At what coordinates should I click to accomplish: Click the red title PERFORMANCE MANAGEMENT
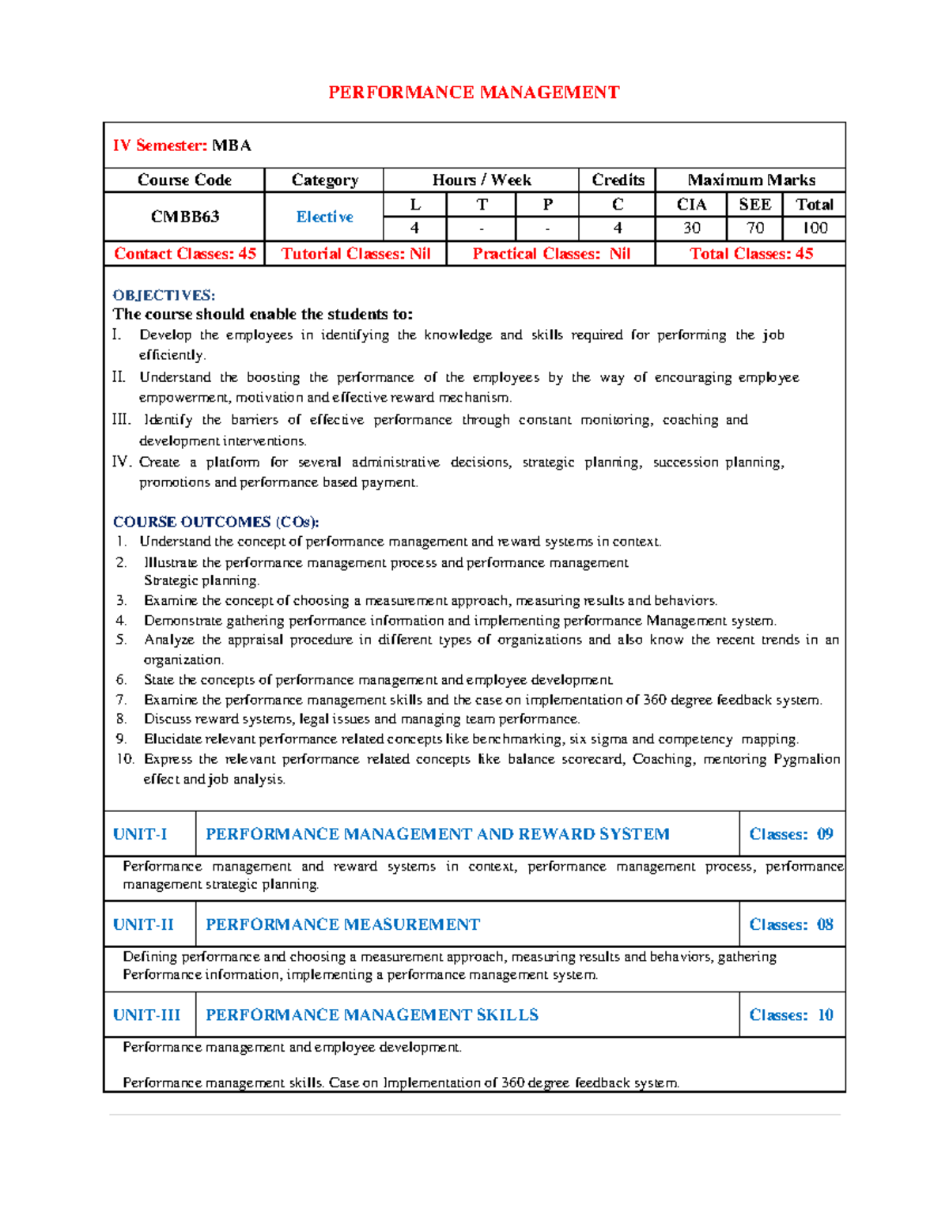(474, 93)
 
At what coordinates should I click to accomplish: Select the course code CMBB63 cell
(185, 217)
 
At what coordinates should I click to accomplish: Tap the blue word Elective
(324, 217)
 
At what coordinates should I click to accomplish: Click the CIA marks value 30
(691, 229)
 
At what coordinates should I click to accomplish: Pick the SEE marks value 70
(754, 229)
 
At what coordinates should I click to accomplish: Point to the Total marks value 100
(815, 229)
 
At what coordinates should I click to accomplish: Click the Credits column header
(618, 180)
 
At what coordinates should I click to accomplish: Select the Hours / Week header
(482, 180)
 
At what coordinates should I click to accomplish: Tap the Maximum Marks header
(751, 180)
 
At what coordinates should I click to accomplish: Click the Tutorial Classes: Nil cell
(356, 254)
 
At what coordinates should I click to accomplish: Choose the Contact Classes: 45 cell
(185, 254)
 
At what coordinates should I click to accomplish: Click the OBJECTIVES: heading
(164, 296)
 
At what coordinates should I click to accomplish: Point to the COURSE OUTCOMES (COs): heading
(216, 522)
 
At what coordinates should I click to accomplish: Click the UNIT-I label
(140, 834)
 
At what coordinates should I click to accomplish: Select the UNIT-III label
(146, 1015)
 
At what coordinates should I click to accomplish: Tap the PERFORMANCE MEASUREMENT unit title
(342, 924)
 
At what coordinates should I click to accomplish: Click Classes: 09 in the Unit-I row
(791, 834)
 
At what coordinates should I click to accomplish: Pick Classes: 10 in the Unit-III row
(791, 1015)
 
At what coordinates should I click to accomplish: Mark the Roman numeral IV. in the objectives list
(123, 462)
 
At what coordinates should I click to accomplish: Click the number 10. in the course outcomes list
(125, 759)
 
